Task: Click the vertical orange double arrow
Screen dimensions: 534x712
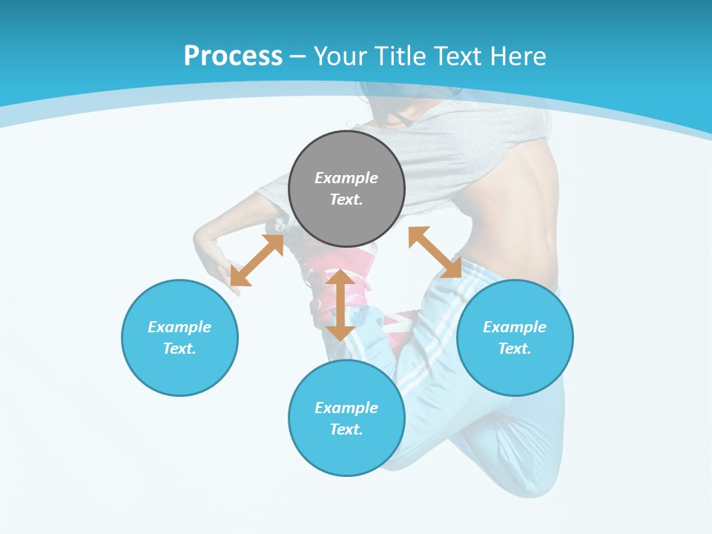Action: (340, 305)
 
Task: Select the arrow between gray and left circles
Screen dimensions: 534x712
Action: (257, 260)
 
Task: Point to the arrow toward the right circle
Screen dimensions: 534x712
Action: (435, 252)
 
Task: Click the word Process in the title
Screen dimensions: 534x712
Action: (233, 56)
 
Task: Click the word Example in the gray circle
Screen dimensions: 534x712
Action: (346, 178)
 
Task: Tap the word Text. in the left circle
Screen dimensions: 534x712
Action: (179, 349)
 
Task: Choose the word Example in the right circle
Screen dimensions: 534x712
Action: (515, 327)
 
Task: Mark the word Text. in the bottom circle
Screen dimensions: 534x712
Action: (346, 429)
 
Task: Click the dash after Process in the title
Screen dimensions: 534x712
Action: (298, 56)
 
